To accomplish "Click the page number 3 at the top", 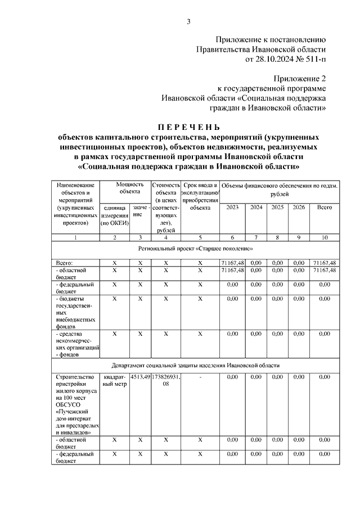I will [189, 22].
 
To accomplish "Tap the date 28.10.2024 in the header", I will [272, 58].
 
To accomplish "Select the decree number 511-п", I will [313, 58].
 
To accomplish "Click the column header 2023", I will [232, 208].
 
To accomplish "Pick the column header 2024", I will [256, 208].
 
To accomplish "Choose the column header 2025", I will [277, 208].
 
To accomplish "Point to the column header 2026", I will [299, 208].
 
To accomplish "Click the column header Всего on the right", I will [325, 208].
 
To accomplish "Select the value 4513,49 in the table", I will [140, 376].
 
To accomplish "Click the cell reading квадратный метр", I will [114, 380].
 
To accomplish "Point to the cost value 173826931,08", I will [166, 380].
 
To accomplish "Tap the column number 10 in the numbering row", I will [325, 237].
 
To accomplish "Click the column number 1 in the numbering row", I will [75, 237].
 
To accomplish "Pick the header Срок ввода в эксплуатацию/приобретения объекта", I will [200, 196].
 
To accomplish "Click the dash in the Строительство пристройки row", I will [200, 376].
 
